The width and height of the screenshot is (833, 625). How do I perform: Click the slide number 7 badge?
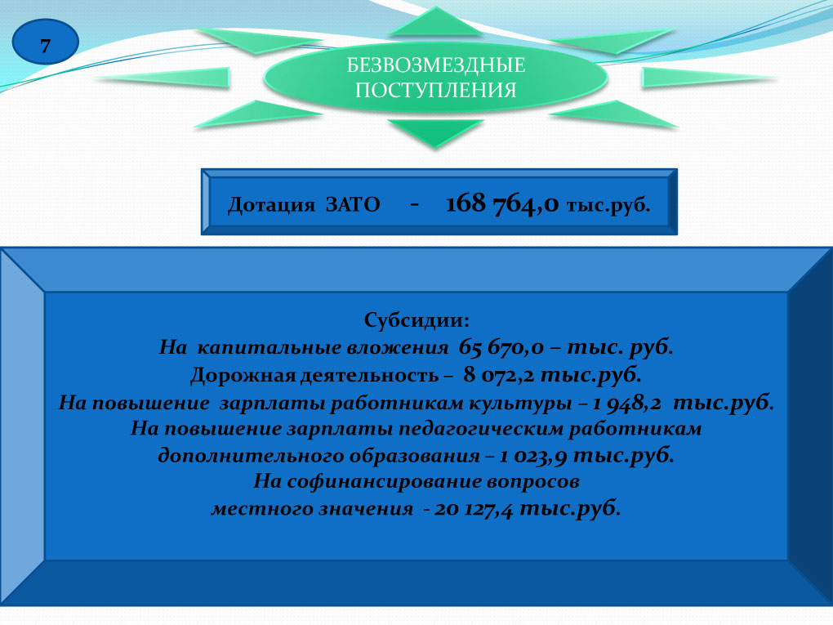coord(45,42)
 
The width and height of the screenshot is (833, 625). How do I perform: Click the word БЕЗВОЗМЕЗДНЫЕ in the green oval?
coord(435,65)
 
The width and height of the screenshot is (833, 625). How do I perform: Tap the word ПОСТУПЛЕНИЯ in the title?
coord(435,90)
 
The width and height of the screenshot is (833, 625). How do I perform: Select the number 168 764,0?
coord(502,203)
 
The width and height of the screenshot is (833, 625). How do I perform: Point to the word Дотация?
coord(271,204)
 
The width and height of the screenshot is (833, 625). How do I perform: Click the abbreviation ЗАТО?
coord(353,204)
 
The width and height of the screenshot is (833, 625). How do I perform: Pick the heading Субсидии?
coord(416,320)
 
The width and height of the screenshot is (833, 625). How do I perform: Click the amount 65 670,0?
coord(501,347)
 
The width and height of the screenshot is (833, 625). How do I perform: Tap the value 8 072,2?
coord(498,375)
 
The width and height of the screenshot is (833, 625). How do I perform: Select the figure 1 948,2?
coord(627,403)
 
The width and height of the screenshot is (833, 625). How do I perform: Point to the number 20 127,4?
coord(474,509)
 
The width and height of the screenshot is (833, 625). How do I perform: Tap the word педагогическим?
coord(480,429)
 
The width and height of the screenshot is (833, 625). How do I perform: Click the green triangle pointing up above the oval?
coord(435,21)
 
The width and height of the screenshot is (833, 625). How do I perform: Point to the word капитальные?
coord(269,347)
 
